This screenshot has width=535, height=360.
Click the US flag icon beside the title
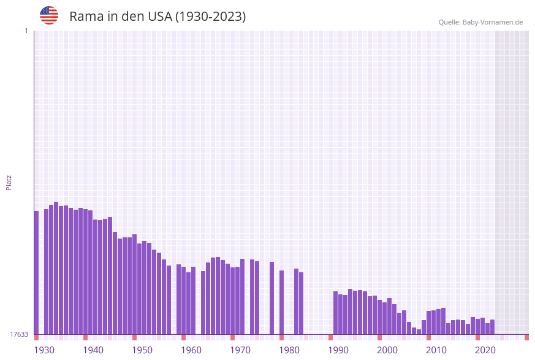(49, 15)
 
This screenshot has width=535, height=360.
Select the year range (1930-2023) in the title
(211, 17)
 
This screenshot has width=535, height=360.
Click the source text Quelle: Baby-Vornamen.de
(480, 22)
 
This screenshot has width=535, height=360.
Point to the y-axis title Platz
(9, 182)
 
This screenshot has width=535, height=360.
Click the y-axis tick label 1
(26, 31)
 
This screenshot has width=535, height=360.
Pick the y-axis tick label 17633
(19, 334)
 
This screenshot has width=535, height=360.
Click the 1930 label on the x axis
(44, 350)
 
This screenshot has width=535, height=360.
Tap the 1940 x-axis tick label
(93, 350)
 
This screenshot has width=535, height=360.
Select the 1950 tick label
(142, 350)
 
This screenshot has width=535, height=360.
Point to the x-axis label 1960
(191, 350)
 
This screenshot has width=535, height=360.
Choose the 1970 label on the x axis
(240, 350)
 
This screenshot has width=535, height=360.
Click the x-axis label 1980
(289, 350)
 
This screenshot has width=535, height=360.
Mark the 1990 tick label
(338, 350)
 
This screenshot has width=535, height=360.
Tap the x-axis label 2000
(387, 350)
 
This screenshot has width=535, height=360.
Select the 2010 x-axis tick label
(436, 350)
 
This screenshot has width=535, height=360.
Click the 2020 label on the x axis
(485, 350)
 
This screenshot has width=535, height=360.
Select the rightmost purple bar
(492, 327)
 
